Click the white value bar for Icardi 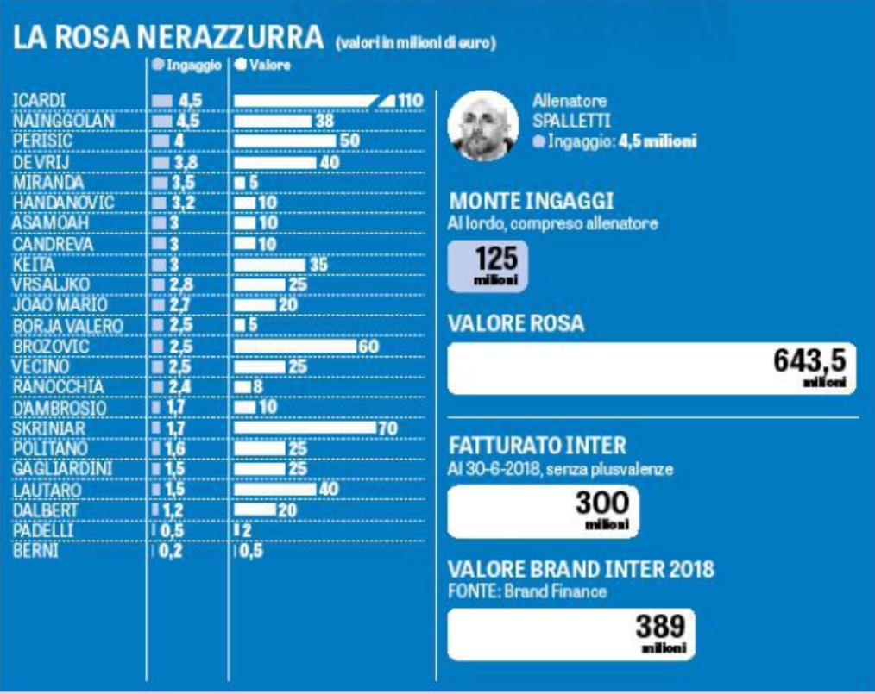tap(306, 101)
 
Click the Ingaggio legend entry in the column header tap(187, 65)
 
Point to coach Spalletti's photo tap(482, 126)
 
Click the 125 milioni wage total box tap(487, 266)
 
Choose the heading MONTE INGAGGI tap(532, 202)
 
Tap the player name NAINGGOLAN tap(64, 121)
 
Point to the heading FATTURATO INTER tap(538, 446)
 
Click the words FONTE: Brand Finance tap(527, 592)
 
